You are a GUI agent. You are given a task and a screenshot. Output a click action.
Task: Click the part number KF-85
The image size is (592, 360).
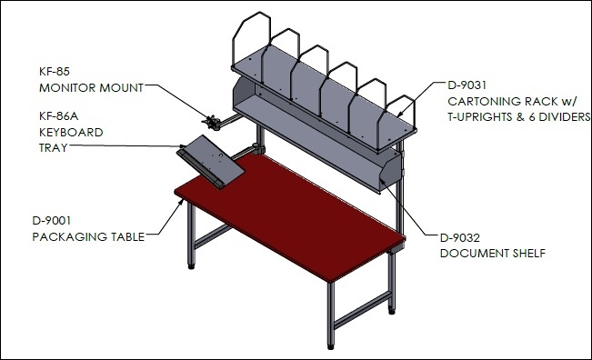pos(55,71)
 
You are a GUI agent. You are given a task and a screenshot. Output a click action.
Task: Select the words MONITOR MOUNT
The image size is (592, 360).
pos(91,88)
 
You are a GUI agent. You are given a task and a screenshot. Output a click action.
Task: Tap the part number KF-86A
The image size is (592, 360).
pos(59,115)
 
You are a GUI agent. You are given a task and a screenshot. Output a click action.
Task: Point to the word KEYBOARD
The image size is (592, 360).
pos(71,133)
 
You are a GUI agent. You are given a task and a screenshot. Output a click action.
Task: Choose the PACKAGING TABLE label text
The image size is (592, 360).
pos(88,237)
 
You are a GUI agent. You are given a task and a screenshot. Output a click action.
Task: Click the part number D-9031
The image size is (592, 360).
pos(467,85)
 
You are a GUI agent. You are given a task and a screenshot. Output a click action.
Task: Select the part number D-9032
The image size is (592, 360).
pos(460,238)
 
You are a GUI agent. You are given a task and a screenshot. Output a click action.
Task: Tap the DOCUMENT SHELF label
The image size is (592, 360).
pos(493,254)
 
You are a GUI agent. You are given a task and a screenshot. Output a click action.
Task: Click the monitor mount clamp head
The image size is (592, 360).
pos(212,122)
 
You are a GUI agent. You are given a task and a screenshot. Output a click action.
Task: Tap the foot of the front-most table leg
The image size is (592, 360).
pos(331,346)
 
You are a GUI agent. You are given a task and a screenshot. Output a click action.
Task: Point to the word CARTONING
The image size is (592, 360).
pos(478,102)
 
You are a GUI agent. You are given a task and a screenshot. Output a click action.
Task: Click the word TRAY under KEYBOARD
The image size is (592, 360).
pos(54,148)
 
